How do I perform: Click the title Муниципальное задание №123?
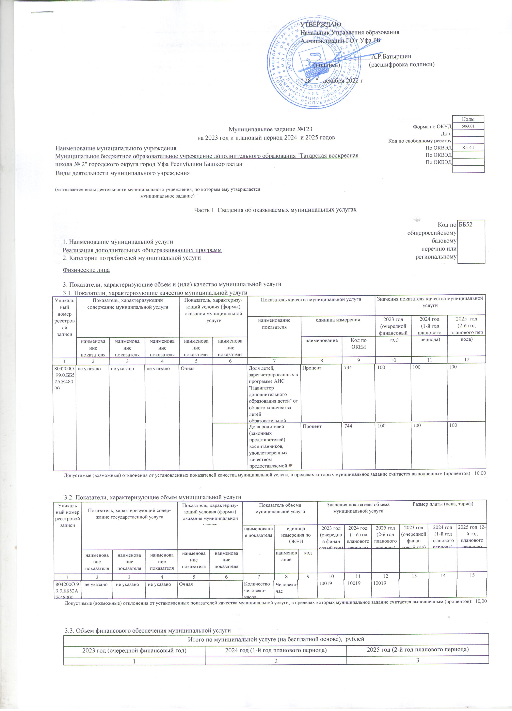tap(271, 130)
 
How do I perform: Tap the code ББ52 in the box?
tap(465, 224)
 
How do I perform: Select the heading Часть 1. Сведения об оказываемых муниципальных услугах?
tap(276, 209)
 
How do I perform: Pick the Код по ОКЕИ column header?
tap(358, 343)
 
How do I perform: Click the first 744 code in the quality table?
tap(348, 367)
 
